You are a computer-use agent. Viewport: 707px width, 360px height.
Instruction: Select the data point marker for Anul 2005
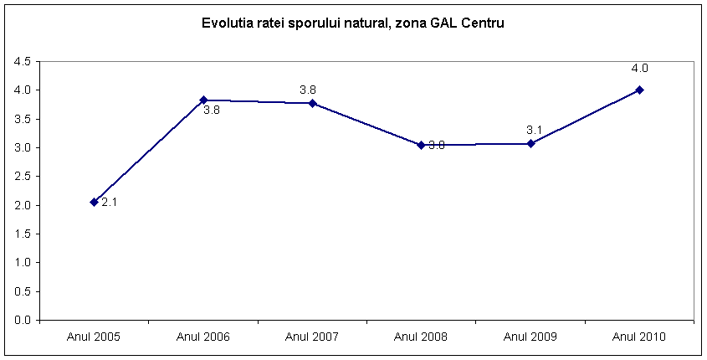95,202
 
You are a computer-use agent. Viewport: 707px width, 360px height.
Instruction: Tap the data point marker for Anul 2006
203,100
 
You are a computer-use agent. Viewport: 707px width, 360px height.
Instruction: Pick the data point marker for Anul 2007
312,103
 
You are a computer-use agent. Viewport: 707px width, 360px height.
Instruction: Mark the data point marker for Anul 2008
421,145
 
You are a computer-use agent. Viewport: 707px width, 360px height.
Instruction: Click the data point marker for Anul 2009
530,143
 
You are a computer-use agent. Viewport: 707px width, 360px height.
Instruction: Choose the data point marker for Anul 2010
639,90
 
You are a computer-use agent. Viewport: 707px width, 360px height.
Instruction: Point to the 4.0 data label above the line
639,69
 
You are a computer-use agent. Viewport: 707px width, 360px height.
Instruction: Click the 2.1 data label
110,203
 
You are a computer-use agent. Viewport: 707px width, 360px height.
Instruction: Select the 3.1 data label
535,130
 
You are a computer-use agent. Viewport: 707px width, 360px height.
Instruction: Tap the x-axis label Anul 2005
95,337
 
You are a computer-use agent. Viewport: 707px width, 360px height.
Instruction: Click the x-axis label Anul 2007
312,337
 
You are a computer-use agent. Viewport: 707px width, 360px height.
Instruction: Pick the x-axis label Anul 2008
421,337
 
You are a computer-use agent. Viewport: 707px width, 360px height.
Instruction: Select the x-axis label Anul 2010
639,337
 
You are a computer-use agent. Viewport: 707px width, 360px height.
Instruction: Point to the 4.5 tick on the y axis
22,61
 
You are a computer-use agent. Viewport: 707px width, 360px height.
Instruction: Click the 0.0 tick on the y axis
22,320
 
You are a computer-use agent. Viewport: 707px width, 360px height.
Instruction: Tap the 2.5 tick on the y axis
22,176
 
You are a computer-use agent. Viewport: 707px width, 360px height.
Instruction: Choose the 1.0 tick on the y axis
22,262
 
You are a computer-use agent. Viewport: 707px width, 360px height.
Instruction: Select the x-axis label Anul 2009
530,337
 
